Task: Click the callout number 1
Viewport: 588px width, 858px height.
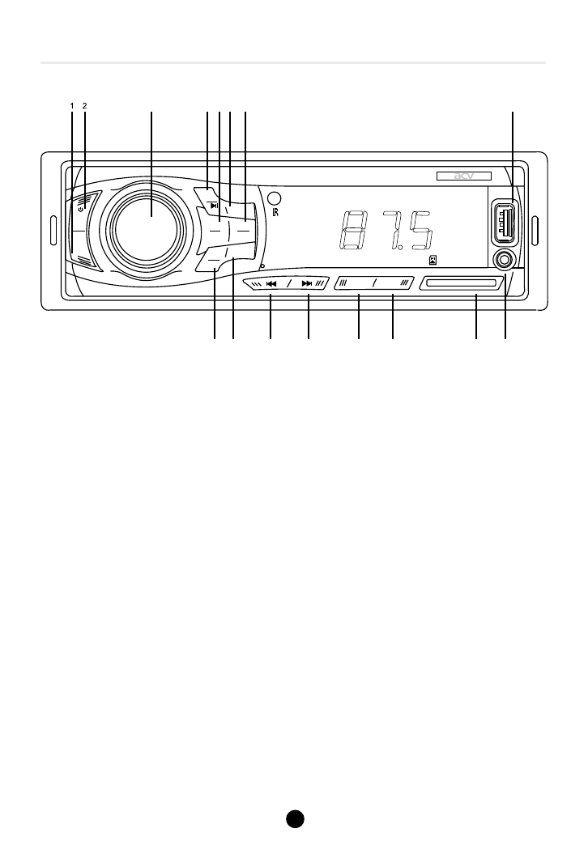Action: pos(71,105)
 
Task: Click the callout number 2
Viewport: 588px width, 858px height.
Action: pos(84,105)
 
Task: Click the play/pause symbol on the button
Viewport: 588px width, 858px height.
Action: pos(214,206)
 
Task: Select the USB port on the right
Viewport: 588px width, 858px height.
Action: pos(506,224)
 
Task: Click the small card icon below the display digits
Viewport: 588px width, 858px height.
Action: pos(434,260)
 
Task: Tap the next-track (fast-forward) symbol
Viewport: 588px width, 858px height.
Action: pos(306,284)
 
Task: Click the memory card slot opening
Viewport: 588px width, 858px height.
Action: pos(458,283)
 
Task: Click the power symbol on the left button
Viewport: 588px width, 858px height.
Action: pos(81,208)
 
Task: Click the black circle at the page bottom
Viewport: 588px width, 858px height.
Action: pos(294,818)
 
